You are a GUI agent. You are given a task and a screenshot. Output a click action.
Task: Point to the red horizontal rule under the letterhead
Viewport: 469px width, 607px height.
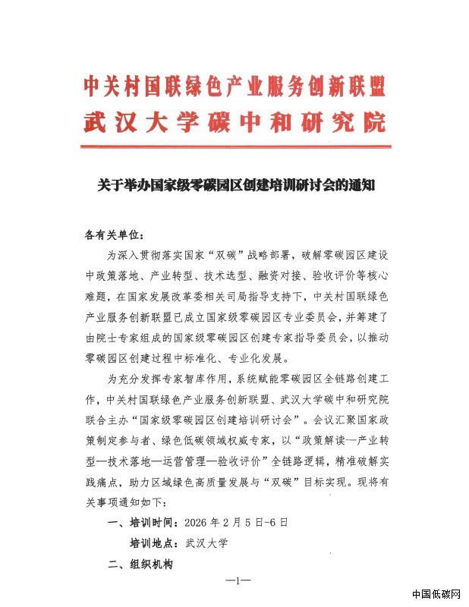[x=234, y=146]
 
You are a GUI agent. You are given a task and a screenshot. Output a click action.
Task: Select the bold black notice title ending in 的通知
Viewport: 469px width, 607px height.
[x=234, y=184]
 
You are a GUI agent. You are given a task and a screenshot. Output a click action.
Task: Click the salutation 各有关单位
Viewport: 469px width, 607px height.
[x=112, y=235]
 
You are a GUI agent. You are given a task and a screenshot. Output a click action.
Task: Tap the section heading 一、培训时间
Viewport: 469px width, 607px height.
[x=143, y=524]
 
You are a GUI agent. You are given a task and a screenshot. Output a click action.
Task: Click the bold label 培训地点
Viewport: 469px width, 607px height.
[x=155, y=544]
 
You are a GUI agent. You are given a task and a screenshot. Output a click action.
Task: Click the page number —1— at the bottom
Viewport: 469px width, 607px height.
[x=237, y=582]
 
